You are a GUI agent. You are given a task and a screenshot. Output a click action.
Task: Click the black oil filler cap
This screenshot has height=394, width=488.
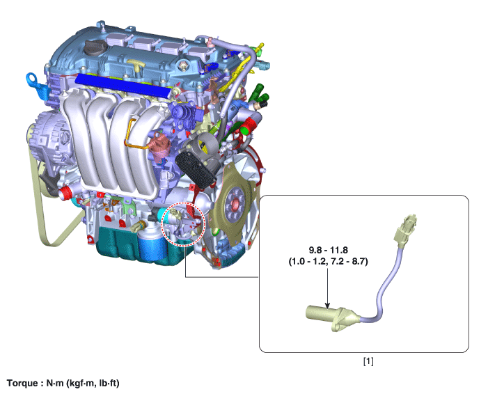click(x=95, y=48)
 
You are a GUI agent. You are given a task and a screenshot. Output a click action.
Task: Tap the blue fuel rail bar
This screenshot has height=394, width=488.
click(x=123, y=84)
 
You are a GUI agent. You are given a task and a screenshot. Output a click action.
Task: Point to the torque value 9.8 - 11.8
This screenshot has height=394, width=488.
click(x=329, y=250)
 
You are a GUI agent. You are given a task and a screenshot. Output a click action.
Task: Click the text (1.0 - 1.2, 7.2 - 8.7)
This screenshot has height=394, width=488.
click(x=329, y=262)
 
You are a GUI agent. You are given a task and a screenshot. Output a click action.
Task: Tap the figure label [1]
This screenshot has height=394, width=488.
click(x=368, y=362)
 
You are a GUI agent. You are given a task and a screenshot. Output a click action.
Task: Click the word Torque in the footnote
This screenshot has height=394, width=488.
click(x=22, y=383)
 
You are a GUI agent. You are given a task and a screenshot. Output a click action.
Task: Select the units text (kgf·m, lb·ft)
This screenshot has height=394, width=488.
click(x=93, y=383)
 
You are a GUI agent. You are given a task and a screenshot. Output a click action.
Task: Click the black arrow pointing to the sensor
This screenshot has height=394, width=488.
click(x=327, y=288)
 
